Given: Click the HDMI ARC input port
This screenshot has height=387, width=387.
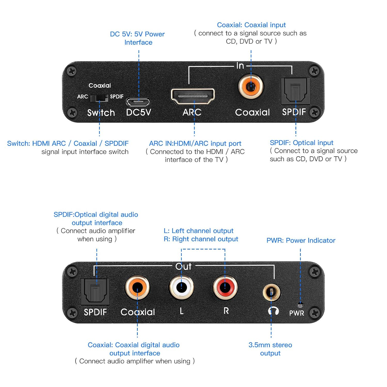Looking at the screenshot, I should (193, 96).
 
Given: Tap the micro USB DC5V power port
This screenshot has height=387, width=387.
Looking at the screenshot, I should (138, 102).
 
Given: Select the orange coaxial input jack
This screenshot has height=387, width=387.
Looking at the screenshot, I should (251, 87).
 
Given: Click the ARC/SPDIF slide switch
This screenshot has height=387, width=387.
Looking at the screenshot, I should (99, 98).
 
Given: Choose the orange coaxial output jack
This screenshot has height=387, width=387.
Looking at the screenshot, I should (137, 287).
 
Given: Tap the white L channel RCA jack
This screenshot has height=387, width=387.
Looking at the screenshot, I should (181, 287).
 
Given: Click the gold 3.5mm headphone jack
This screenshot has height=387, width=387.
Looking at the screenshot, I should (271, 292).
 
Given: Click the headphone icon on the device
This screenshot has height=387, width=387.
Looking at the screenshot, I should (273, 311).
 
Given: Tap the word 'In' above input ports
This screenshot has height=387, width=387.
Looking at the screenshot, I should (240, 66).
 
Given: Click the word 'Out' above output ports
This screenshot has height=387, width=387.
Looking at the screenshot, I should (183, 266).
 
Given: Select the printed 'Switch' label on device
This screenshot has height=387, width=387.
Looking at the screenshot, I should (101, 113).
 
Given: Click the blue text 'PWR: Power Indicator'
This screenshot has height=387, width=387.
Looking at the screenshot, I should (301, 240).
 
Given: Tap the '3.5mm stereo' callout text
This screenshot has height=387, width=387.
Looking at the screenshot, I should (270, 345).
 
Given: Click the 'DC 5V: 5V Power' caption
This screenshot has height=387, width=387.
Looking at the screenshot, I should (137, 34).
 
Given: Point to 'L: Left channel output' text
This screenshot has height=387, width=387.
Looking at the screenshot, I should (198, 231).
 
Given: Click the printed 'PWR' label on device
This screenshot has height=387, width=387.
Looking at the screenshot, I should (296, 313).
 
